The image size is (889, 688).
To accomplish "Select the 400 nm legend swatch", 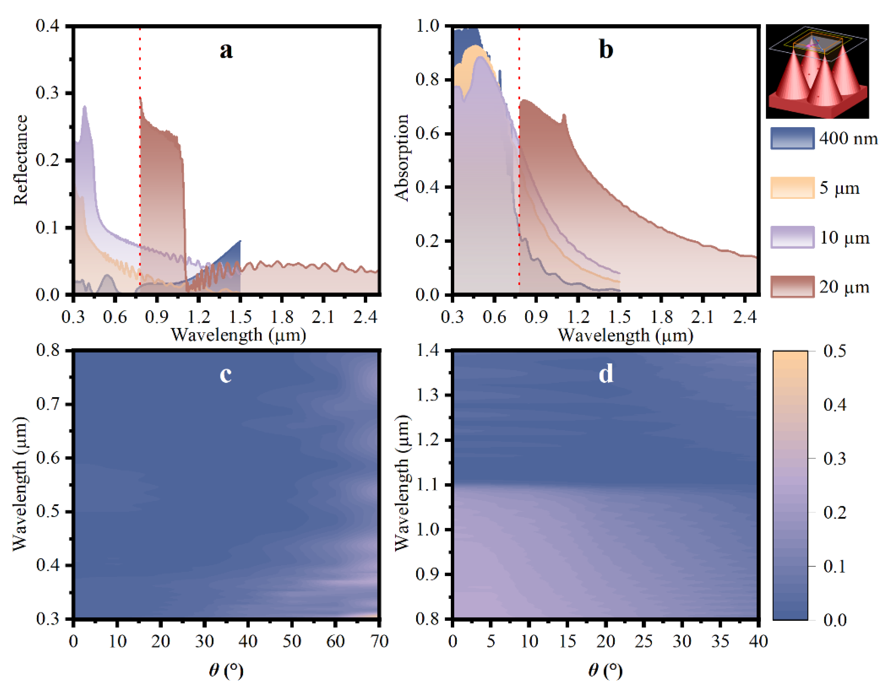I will (x=792, y=138).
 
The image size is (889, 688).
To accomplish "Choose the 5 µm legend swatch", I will (x=792, y=188).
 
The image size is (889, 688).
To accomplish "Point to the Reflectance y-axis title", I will (x=20, y=160).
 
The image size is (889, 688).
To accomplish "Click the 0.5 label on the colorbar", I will (x=835, y=351).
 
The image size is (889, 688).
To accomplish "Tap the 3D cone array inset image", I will (x=817, y=71).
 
